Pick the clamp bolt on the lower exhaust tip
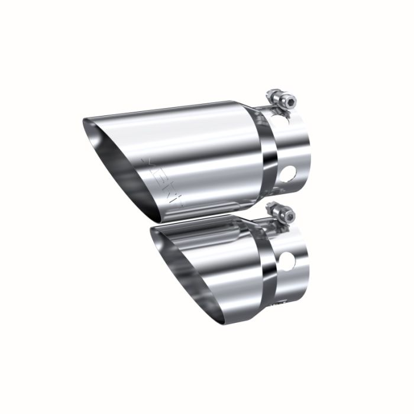[x=277, y=212]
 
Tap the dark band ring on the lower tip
[x=268, y=259]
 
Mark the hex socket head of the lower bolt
[x=271, y=206]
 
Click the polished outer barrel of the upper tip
[x=207, y=148]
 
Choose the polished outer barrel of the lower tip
[x=237, y=260]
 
